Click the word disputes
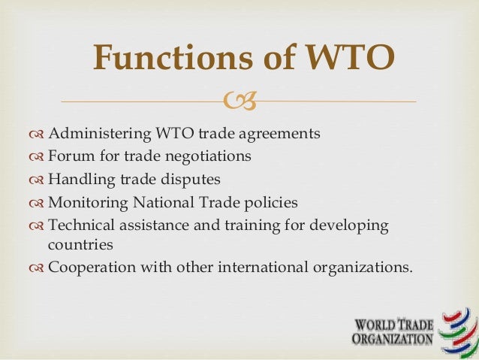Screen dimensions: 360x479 [194, 180]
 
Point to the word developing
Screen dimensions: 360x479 [351, 225]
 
